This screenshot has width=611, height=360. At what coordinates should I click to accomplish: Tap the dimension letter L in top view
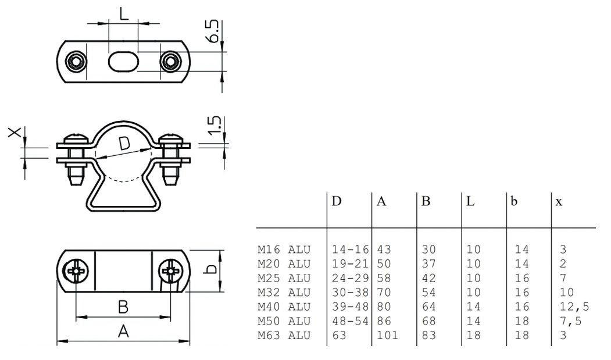(x=123, y=13)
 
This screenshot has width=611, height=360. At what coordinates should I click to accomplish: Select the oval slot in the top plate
(x=123, y=61)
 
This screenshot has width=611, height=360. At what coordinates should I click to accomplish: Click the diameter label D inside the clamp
(x=124, y=144)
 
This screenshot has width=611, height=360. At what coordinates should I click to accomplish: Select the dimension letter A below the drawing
(x=123, y=332)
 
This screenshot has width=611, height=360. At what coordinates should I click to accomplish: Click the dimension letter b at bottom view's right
(x=212, y=269)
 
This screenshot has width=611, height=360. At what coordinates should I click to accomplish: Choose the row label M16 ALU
(x=284, y=249)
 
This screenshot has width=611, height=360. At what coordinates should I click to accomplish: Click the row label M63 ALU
(x=284, y=335)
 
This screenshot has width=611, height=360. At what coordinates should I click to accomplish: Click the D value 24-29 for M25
(x=351, y=278)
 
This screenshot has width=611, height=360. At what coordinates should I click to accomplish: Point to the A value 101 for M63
(x=387, y=335)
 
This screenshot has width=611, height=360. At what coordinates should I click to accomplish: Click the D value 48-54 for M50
(x=351, y=320)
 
